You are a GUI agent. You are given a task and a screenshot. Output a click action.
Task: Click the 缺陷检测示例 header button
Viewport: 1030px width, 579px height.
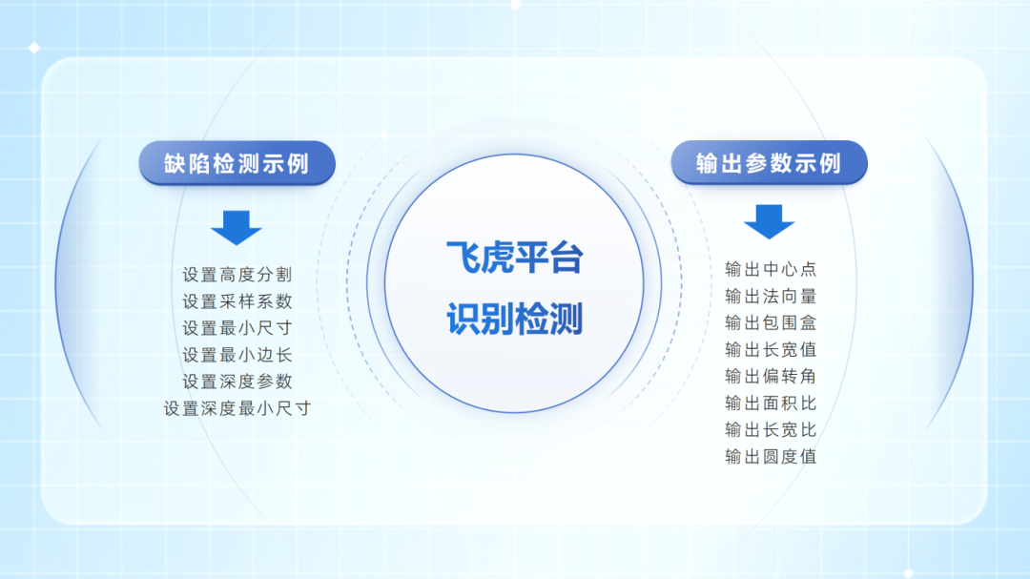[237, 163]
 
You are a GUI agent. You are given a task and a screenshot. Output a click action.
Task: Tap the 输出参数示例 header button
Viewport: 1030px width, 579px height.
[770, 162]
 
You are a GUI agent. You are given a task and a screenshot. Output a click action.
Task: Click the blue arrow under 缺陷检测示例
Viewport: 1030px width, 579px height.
[237, 227]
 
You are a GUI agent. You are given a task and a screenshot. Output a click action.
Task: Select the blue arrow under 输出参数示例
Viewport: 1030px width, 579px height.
[770, 221]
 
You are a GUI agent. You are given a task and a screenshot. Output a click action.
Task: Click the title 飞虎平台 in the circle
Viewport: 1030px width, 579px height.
[514, 257]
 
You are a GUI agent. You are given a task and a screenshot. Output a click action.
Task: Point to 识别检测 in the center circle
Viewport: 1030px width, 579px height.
[514, 320]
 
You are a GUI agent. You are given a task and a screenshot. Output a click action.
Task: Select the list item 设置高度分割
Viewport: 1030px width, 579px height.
[237, 275]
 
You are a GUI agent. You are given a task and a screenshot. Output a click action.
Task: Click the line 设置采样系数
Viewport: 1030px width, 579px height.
[237, 301]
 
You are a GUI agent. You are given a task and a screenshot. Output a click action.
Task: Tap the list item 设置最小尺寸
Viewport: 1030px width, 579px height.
[237, 328]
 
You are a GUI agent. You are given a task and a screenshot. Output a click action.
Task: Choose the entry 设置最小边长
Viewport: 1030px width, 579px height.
[237, 355]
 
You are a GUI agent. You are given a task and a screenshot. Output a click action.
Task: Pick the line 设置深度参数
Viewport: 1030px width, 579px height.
[237, 382]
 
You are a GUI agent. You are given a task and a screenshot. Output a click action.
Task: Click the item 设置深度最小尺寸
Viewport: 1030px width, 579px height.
[237, 408]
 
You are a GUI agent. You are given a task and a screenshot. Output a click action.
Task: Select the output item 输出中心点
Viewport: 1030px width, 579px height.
[771, 269]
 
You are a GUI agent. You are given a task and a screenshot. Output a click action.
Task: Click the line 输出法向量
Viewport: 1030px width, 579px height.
[771, 296]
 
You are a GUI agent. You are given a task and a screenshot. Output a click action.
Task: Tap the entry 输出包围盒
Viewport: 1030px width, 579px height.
[771, 322]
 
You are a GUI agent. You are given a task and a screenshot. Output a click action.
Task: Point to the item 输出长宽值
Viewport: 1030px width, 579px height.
[771, 349]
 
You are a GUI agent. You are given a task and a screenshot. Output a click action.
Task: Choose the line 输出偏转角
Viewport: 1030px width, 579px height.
[771, 376]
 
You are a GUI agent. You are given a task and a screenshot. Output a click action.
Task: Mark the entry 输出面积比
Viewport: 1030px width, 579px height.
[771, 403]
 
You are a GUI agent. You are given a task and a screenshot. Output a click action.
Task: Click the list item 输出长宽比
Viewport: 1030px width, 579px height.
[771, 429]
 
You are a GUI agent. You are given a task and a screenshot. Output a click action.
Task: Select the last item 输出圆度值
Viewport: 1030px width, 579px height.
[771, 456]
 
